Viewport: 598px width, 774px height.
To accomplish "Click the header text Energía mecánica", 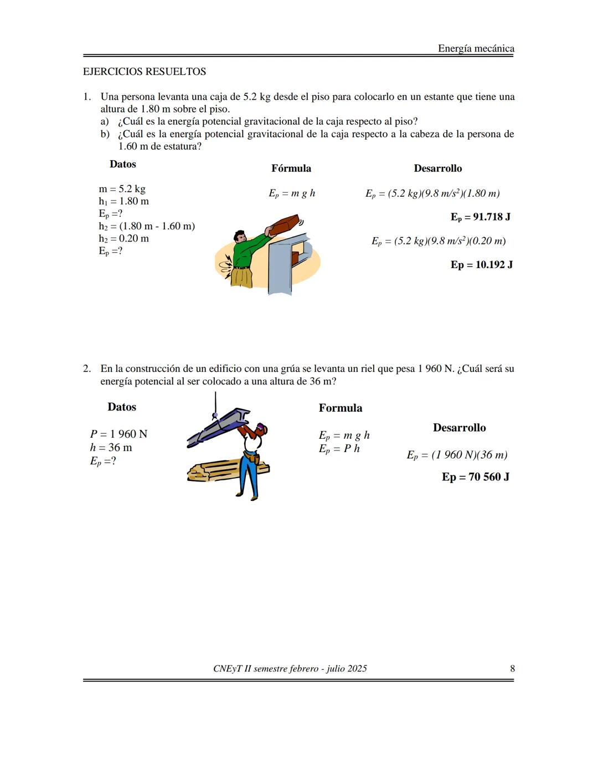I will (x=476, y=49).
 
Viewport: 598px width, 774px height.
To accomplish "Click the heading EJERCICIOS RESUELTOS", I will (x=144, y=71).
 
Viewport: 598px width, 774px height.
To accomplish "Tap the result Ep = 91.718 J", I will (x=480, y=217).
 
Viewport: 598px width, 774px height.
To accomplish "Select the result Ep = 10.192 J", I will (x=481, y=264).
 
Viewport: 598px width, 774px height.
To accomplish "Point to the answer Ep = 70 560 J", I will (x=475, y=476).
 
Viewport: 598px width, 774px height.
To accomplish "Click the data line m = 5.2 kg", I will (x=122, y=189).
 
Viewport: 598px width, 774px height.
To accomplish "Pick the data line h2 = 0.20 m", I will (x=123, y=239).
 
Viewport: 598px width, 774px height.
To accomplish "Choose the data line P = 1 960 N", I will (x=118, y=434).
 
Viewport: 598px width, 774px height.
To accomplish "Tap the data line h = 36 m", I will (x=111, y=448).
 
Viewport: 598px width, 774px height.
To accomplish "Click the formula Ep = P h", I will (x=339, y=449).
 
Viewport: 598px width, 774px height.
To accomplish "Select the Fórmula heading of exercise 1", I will (x=291, y=168).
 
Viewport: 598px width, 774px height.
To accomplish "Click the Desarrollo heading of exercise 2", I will (x=459, y=428).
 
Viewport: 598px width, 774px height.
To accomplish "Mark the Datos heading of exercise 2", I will (x=122, y=407).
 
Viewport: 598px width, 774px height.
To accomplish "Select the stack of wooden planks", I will (x=216, y=470).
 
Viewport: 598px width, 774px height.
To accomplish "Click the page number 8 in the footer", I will (x=512, y=669).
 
